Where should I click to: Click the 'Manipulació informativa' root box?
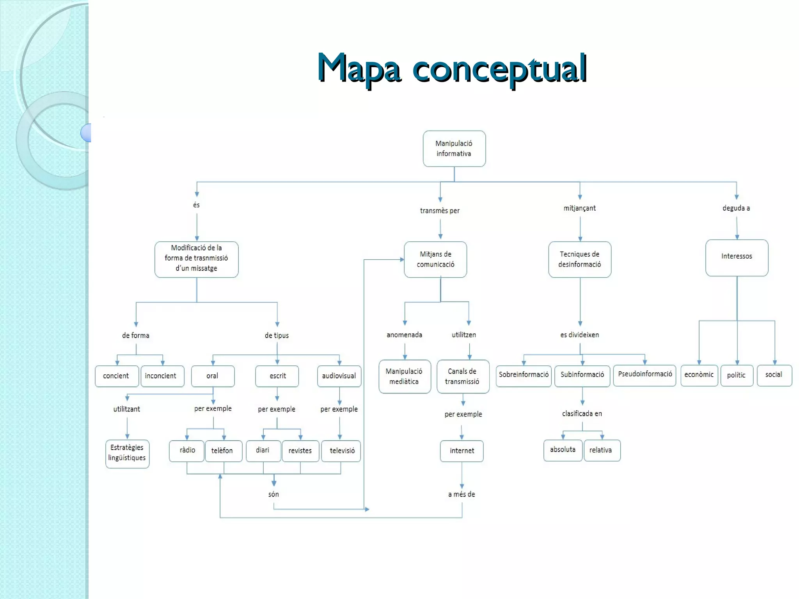click(454, 149)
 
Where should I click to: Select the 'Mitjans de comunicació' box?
click(435, 259)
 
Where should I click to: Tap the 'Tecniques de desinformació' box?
click(580, 259)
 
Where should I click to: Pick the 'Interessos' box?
click(737, 257)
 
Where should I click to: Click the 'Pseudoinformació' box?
click(645, 375)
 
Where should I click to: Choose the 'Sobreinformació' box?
click(524, 376)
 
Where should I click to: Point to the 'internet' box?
click(462, 451)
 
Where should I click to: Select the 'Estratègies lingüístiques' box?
click(127, 454)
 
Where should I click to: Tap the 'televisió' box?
click(341, 451)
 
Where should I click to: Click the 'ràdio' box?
click(187, 451)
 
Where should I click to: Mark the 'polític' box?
click(737, 375)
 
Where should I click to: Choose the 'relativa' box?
click(602, 450)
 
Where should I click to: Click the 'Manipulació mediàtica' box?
click(405, 376)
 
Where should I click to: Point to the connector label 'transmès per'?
click(440, 211)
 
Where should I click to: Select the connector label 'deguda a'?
click(736, 208)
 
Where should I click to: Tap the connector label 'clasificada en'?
click(582, 413)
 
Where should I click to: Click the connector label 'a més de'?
click(462, 494)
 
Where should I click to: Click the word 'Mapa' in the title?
click(359, 68)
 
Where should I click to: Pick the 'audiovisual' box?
click(339, 376)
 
